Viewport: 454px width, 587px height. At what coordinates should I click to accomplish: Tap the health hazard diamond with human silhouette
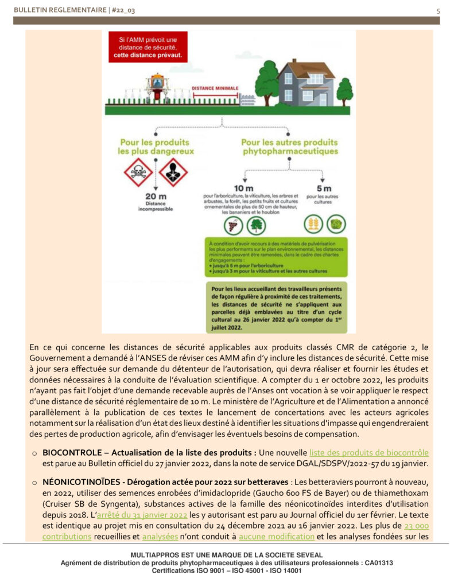(173, 173)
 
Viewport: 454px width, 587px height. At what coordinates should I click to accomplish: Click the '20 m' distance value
(155, 197)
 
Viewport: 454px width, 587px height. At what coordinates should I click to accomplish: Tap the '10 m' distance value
(243, 189)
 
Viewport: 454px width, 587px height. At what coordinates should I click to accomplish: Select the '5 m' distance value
(324, 189)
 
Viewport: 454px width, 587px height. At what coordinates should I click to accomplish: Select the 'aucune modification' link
(276, 537)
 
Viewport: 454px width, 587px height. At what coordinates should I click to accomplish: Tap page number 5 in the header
(438, 11)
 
